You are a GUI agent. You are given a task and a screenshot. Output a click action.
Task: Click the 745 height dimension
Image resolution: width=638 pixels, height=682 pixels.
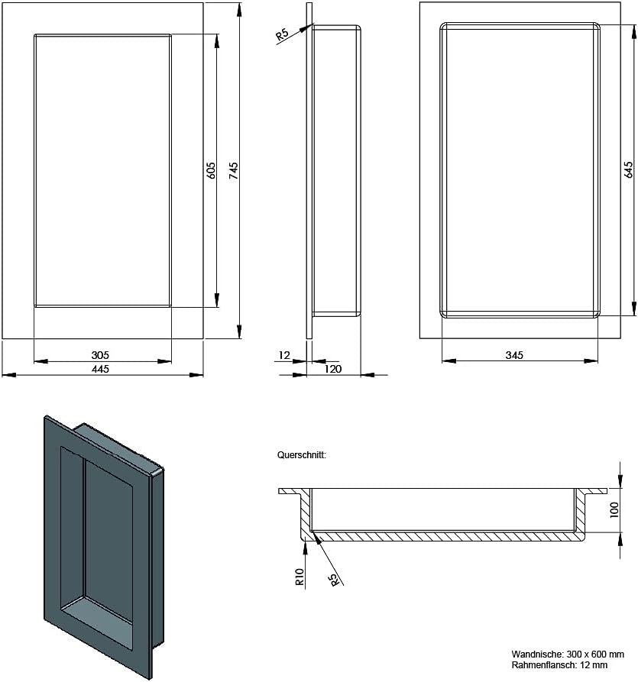pos(234,170)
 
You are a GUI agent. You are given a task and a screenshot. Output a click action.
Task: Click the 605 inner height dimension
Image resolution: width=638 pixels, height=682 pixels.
pos(211,170)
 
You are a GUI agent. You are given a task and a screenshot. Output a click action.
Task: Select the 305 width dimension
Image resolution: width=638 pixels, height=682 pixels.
pos(100,355)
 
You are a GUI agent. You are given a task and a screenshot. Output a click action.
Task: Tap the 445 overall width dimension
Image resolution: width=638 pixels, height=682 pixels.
pos(100,369)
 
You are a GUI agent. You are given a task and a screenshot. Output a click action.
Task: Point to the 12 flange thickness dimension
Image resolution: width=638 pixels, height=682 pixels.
pos(284,355)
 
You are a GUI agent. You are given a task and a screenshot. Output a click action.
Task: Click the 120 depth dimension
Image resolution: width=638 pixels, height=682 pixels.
pos(333,369)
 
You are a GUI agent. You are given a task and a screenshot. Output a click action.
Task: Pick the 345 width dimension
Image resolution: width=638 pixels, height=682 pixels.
pos(514,355)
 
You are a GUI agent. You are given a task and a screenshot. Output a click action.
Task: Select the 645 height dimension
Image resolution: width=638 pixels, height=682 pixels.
pos(628,170)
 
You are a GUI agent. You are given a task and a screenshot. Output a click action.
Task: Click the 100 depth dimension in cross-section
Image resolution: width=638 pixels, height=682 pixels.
pos(614,509)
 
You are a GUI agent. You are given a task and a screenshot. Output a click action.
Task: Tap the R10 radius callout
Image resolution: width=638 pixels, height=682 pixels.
pos(300,577)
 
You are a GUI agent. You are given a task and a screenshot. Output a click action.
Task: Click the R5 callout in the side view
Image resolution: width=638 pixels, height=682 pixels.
pos(283,35)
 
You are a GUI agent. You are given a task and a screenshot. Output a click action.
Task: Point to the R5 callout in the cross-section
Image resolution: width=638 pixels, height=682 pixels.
pos(334,580)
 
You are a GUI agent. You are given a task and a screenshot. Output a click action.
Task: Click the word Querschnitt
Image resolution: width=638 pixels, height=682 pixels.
pos(302,455)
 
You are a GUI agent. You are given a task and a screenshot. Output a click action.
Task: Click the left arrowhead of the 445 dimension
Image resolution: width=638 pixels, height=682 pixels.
pos(8,374)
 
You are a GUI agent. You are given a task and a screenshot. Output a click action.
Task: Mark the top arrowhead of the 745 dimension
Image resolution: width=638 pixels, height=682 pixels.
pos(239,10)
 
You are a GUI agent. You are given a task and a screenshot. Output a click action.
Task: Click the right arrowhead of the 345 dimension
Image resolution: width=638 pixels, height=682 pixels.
pos(591,360)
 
